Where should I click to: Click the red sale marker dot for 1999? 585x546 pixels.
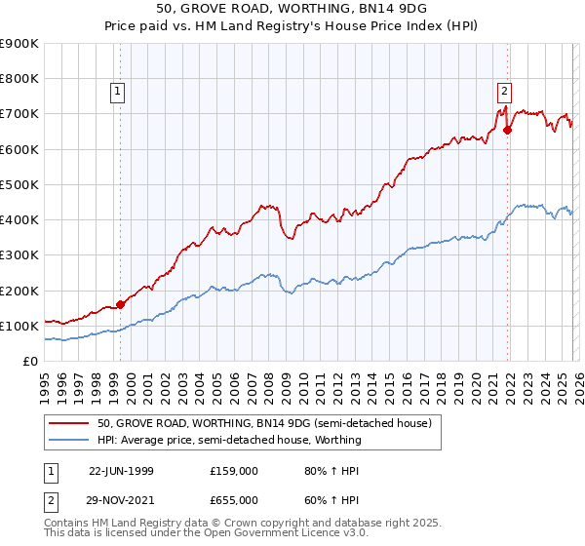[121, 304]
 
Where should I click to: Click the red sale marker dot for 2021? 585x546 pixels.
[508, 130]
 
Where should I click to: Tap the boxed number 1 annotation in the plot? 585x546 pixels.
[117, 93]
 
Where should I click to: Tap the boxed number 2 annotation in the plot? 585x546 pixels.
[504, 93]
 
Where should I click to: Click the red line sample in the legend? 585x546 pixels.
[70, 423]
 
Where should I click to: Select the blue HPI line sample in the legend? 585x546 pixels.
[70, 440]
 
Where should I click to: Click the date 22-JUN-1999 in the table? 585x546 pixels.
[121, 470]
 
